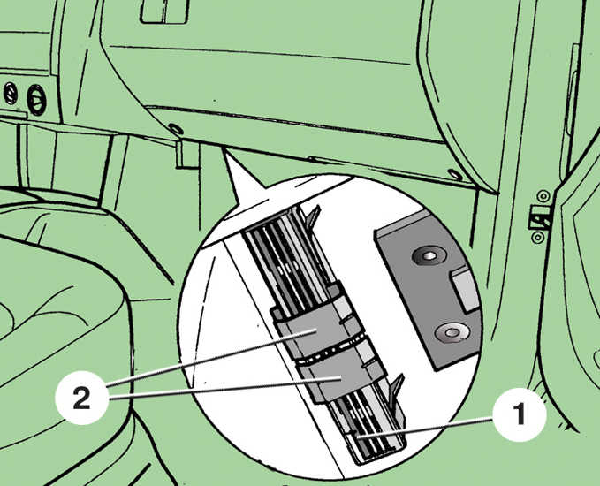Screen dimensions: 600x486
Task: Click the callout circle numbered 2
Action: click(81, 398)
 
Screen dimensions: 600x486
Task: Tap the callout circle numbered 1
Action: click(519, 414)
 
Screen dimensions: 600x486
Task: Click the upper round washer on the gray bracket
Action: click(429, 255)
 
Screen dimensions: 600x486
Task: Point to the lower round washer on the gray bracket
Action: click(452, 332)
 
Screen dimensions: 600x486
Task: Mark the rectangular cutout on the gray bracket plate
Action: click(465, 289)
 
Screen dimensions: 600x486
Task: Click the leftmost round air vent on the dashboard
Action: click(11, 94)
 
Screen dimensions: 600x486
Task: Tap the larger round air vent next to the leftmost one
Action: click(36, 100)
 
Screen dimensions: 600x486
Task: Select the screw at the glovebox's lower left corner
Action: click(176, 129)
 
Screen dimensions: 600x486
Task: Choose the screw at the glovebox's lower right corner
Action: click(455, 174)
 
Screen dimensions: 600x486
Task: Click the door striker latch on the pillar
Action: click(540, 217)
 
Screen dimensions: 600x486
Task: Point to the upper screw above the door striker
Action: click(543, 196)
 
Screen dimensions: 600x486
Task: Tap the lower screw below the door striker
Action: click(538, 238)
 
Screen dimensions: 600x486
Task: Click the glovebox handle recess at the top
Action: click(164, 11)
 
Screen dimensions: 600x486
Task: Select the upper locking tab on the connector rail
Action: click(313, 217)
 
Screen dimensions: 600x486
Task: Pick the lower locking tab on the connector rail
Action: click(397, 389)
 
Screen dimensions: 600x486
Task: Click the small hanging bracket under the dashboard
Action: click(187, 155)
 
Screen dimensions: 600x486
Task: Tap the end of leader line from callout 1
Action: click(355, 436)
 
